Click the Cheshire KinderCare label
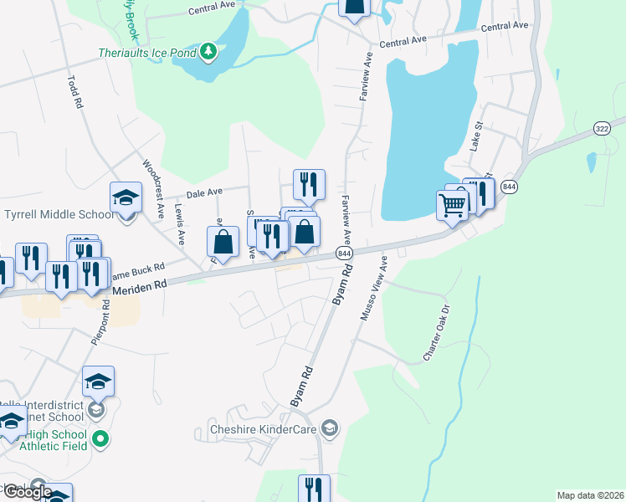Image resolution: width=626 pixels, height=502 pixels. tap(259, 430)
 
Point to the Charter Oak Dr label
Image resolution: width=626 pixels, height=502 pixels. tap(437, 332)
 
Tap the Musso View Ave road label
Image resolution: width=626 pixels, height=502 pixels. tap(372, 289)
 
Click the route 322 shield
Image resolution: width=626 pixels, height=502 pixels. tap(602, 128)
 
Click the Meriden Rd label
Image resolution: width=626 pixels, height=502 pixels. tap(140, 285)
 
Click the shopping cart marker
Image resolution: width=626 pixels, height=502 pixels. tap(452, 204)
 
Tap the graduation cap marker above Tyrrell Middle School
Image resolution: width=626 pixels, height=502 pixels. tap(126, 197)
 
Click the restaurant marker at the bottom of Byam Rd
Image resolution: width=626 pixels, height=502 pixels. tap(314, 489)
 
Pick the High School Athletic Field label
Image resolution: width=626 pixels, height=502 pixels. tap(55, 441)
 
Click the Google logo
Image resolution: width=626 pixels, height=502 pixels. tap(27, 492)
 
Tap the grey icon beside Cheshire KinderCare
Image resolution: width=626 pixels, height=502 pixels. tap(331, 429)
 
